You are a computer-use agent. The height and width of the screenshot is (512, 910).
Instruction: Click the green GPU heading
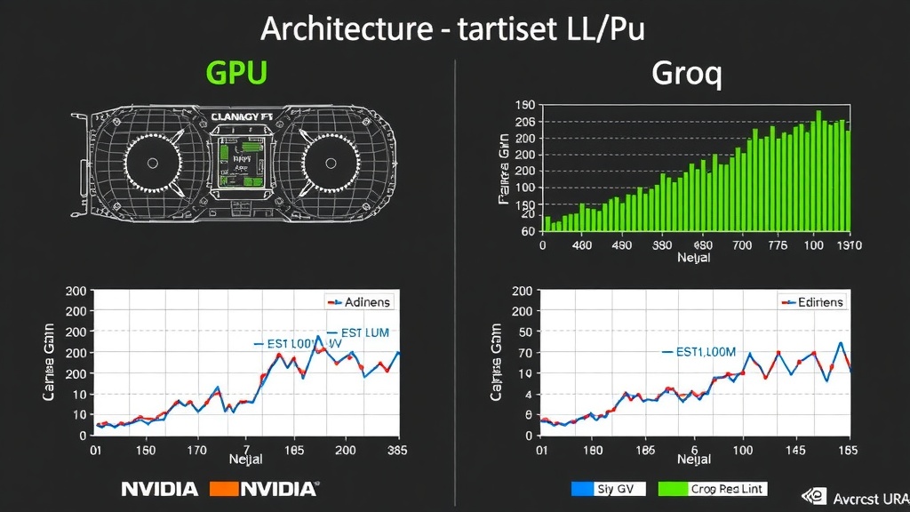tap(236, 73)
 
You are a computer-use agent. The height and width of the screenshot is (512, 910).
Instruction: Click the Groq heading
tap(686, 73)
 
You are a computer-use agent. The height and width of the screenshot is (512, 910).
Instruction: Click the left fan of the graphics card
tap(153, 164)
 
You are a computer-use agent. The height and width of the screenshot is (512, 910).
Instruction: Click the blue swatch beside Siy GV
tap(580, 489)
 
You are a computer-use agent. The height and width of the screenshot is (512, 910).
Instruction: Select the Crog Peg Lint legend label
tap(728, 489)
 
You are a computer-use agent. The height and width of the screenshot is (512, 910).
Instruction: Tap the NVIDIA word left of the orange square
tap(159, 489)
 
